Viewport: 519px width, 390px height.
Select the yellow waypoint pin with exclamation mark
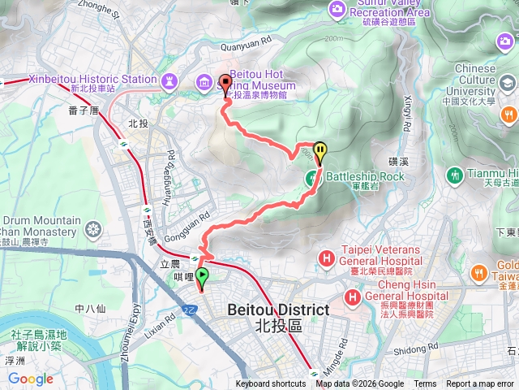coord(321,152)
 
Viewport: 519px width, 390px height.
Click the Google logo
coord(30,379)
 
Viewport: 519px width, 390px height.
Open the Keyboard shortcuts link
coord(271,384)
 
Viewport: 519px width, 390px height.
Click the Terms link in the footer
coord(425,384)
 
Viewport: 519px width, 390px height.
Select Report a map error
coord(481,384)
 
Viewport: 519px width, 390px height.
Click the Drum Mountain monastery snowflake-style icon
coord(94,233)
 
